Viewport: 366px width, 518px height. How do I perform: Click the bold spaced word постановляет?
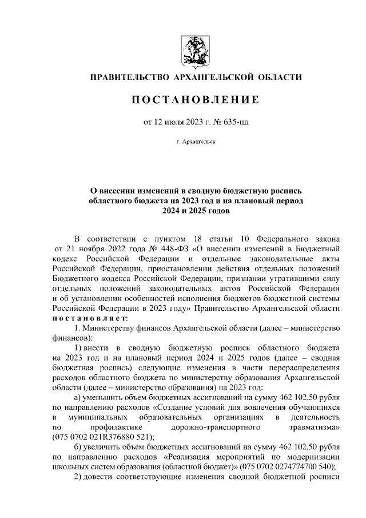(x=90, y=318)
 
